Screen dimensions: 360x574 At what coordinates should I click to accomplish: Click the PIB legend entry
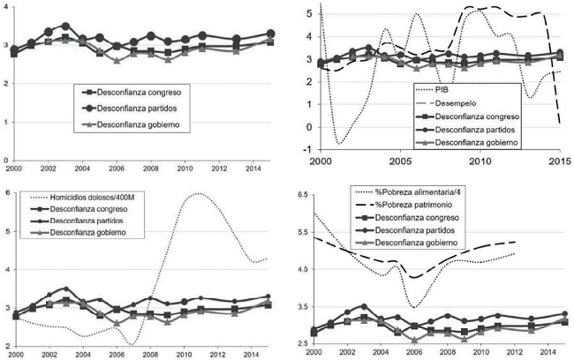click(x=446, y=90)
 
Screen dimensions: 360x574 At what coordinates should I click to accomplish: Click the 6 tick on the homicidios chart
click(x=7, y=192)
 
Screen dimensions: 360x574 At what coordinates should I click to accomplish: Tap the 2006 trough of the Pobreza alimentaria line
click(x=413, y=307)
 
